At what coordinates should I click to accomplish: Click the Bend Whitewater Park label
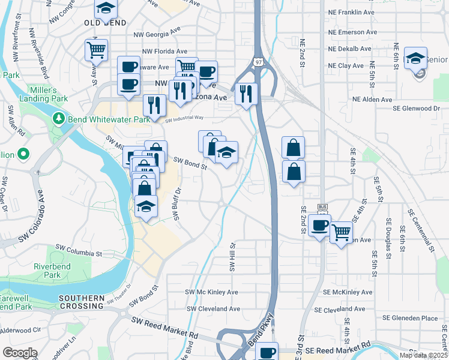click(108, 119)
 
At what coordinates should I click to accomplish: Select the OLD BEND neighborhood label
click(105, 23)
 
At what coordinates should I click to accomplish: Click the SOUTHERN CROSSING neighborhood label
click(82, 301)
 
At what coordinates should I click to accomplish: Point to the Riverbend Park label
click(47, 271)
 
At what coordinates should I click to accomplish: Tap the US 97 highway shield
click(258, 62)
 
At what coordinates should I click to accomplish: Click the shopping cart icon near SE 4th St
click(341, 231)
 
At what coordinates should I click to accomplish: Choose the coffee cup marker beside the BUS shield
click(319, 226)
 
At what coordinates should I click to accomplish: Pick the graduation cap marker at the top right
click(415, 59)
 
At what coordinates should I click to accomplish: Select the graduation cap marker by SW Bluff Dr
click(146, 207)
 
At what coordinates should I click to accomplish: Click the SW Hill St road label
click(232, 256)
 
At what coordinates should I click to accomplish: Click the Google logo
click(20, 353)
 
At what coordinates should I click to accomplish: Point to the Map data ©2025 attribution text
click(423, 355)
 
